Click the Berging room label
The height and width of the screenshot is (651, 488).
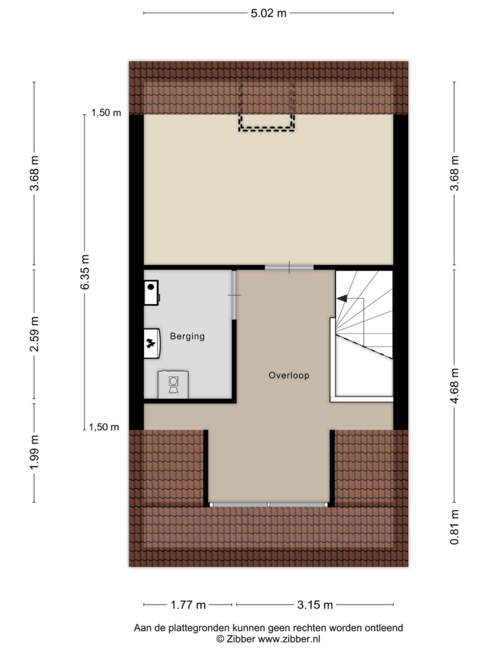point(188,336)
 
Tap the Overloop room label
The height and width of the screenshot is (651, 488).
point(289,376)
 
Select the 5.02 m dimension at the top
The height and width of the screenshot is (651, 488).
point(268,13)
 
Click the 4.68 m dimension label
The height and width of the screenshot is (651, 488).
point(455,385)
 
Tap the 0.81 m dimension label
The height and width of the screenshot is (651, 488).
point(455,527)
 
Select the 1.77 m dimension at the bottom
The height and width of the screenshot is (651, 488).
point(188,605)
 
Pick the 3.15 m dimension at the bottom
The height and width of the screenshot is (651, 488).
point(315,605)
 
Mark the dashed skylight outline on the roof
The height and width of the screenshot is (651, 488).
point(267,130)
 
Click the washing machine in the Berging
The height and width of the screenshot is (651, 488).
point(173,385)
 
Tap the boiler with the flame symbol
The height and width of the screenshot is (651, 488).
point(152,344)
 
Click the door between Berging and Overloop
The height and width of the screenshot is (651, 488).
point(234,295)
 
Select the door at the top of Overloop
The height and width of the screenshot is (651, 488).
point(290,268)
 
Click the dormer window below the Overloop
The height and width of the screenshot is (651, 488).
point(268,505)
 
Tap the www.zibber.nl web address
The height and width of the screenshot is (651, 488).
point(289,639)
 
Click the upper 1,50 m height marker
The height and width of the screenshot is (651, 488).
point(106,113)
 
